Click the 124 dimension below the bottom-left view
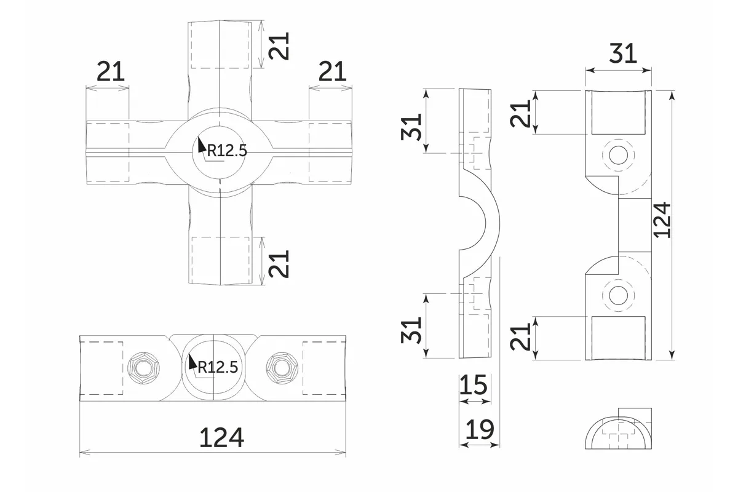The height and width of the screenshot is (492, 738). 221,437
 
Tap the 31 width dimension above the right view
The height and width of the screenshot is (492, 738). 622,54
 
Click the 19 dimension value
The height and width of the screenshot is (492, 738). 480,430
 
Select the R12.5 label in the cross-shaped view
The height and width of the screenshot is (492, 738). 226,151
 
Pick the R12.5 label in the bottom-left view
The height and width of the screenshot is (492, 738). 217,368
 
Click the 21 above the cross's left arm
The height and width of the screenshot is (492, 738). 111,73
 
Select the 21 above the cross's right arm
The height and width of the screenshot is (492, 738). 333,73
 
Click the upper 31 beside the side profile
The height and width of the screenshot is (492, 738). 412,127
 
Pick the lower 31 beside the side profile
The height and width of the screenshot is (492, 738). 412,330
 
